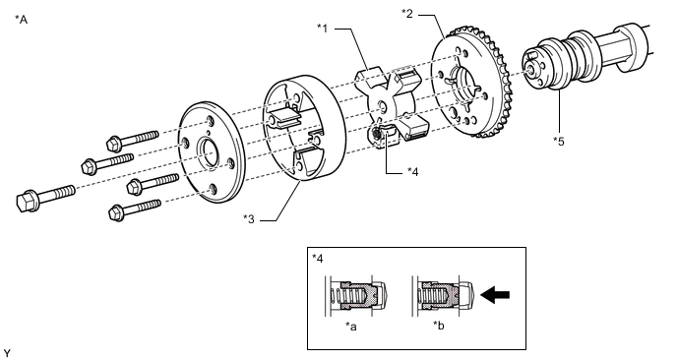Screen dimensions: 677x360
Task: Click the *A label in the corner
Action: (22, 20)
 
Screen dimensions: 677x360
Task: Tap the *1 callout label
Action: (323, 29)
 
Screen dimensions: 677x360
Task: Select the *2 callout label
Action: (407, 14)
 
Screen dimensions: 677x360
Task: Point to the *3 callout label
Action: (249, 219)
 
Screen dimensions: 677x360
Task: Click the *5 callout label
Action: (559, 142)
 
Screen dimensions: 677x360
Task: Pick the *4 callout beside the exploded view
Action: (413, 172)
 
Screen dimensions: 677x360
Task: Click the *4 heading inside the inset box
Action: (317, 259)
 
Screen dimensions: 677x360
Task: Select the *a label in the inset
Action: (351, 327)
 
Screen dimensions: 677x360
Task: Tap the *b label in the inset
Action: (439, 326)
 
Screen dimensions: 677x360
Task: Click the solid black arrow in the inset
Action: (495, 295)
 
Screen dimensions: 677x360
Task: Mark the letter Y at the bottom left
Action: (7, 353)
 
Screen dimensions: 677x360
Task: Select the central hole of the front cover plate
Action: (209, 154)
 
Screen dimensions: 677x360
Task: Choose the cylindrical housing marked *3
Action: (304, 127)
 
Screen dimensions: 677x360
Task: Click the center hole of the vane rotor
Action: (382, 106)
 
